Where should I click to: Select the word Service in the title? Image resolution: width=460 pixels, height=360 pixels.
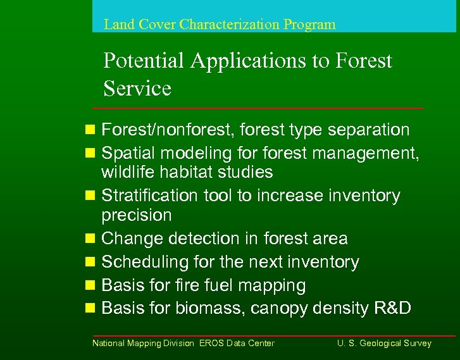click(137, 89)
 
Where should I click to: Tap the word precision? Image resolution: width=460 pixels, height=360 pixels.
click(136, 215)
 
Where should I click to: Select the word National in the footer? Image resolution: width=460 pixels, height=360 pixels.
click(109, 343)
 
